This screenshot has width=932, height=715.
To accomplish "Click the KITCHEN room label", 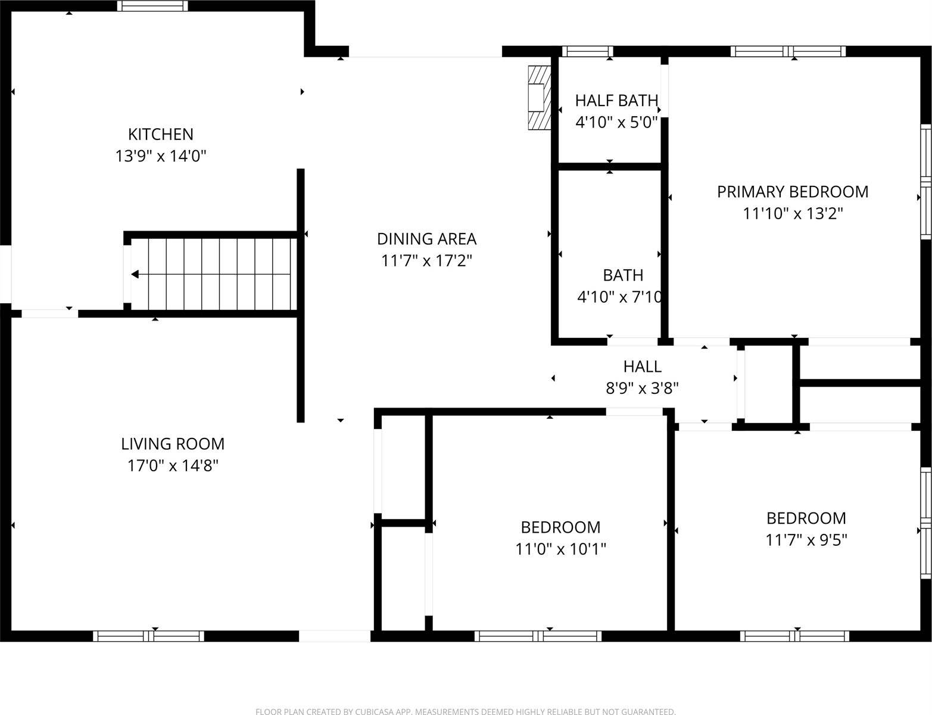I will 161,134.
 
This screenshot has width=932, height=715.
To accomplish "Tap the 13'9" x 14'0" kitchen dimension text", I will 161,156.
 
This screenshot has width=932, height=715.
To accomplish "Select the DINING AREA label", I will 426,239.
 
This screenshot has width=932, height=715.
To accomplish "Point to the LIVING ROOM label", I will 173,444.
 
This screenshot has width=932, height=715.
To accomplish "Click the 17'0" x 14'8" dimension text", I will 173,465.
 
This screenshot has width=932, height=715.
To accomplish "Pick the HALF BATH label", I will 616,101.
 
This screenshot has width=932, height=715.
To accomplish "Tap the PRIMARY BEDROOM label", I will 792,192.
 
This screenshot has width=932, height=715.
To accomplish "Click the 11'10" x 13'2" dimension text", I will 793,213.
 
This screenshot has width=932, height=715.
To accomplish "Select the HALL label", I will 642,366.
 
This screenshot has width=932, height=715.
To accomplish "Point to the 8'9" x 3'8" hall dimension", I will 642,388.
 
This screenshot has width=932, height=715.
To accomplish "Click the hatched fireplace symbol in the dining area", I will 538,97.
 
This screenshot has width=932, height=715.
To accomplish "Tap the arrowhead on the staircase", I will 135,275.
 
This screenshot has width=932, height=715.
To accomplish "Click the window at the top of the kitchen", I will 152,6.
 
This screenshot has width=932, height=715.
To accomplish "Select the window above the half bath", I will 587,51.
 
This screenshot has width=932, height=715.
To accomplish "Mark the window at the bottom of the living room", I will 148,636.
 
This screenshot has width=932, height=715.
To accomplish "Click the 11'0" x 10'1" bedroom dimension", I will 560,549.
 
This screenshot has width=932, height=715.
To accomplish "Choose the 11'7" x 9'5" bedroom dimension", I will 806,540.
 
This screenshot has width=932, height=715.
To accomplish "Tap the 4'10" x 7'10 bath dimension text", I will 619,297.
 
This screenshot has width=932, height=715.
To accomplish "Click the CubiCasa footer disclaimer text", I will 465,711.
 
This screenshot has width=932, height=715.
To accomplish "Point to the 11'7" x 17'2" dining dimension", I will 426,260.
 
